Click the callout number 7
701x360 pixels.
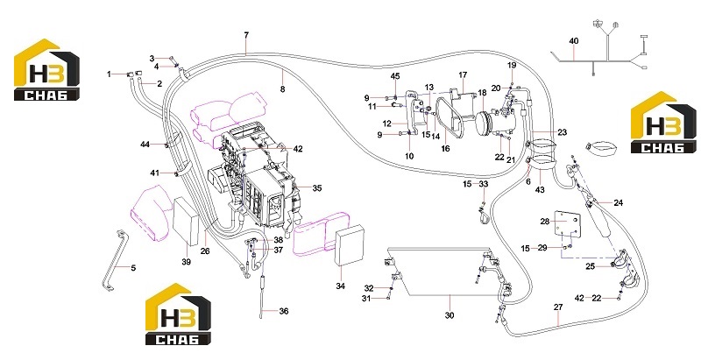[246, 35]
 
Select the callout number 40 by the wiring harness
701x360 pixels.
[574, 41]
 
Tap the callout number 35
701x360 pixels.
[317, 188]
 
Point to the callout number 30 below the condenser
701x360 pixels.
[450, 315]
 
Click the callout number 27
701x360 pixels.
[558, 307]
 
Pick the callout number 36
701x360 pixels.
[284, 311]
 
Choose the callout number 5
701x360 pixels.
[133, 268]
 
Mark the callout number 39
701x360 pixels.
[186, 262]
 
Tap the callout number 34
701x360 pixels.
[341, 286]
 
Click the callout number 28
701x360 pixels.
[544, 222]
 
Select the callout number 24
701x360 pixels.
[618, 203]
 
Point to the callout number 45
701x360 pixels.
[395, 76]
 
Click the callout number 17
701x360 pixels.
[463, 74]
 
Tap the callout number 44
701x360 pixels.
[145, 145]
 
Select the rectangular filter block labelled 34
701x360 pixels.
[350, 246]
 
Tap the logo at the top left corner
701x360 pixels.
[47, 70]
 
